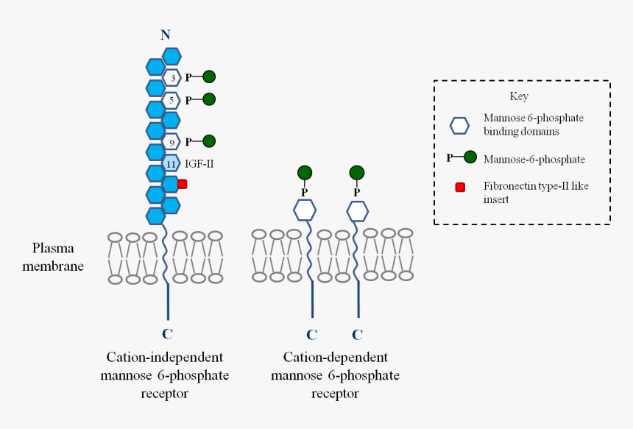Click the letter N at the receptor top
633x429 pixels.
pyautogui.click(x=166, y=35)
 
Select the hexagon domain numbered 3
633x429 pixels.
pyautogui.click(x=171, y=77)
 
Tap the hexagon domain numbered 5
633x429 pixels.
pyautogui.click(x=171, y=99)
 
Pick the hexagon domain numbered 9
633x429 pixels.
pyautogui.click(x=171, y=141)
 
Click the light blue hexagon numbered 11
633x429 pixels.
pyautogui.click(x=171, y=163)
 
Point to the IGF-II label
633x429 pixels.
pyautogui.click(x=199, y=163)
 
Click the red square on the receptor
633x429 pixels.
pyautogui.click(x=183, y=184)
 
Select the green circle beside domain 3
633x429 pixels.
pyautogui.click(x=209, y=77)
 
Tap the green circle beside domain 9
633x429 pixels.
pyautogui.click(x=209, y=141)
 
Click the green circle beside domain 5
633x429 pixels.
pyautogui.click(x=209, y=99)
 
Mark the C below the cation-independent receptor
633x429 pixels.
pyautogui.click(x=168, y=334)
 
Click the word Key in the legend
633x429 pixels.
pyautogui.click(x=519, y=96)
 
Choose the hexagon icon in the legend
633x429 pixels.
pyautogui.click(x=459, y=125)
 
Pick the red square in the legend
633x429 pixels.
pyautogui.click(x=461, y=187)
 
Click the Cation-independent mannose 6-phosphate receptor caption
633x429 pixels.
pyautogui.click(x=164, y=375)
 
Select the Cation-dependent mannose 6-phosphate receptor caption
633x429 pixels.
pyautogui.click(x=335, y=375)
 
